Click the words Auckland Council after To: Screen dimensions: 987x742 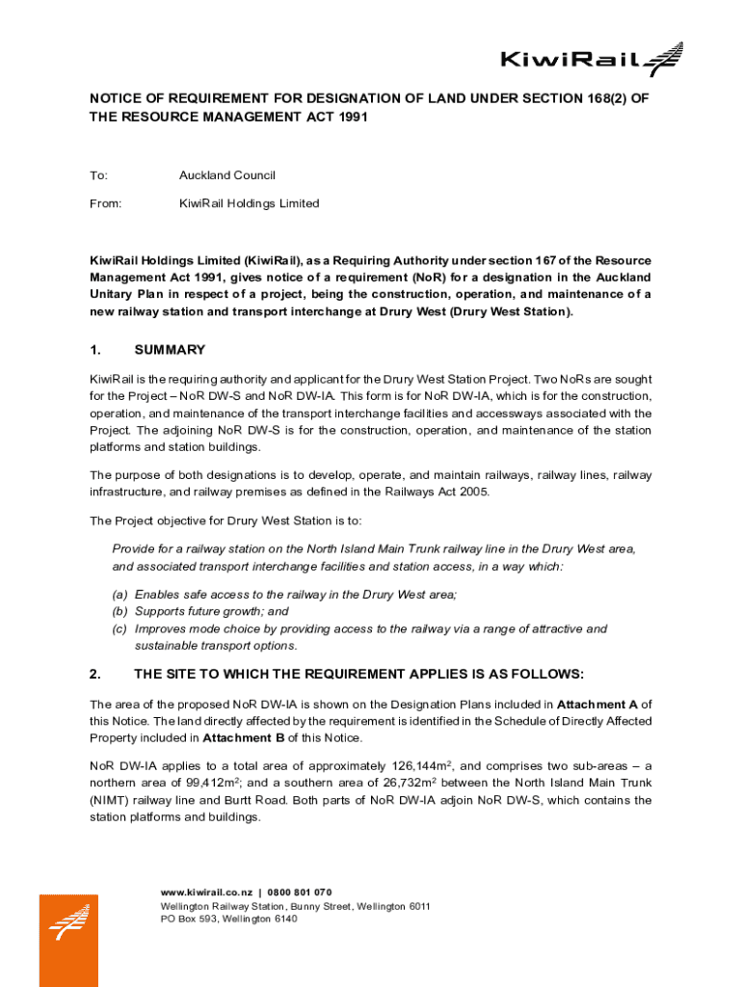tap(226, 175)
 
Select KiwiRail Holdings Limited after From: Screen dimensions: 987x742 tap(249, 203)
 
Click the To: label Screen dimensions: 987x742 tap(98, 175)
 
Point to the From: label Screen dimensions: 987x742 tap(105, 203)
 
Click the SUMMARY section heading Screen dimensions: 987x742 tap(170, 350)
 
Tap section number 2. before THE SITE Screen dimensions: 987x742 tap(95, 673)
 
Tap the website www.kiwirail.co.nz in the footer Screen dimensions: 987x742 tap(206, 892)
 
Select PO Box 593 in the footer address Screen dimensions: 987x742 tap(188, 919)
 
